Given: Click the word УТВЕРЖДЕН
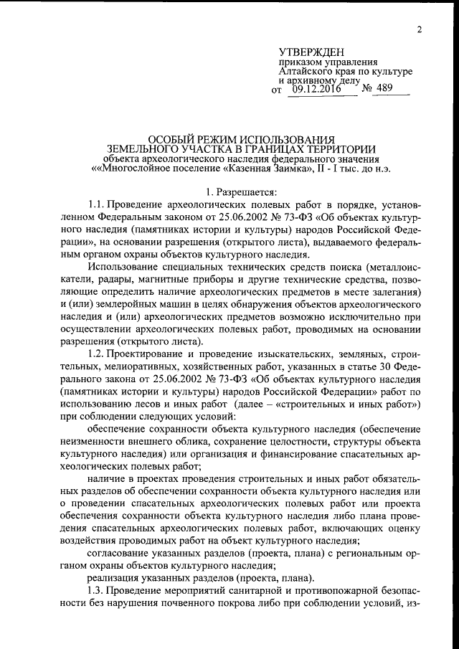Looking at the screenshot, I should pyautogui.click(x=311, y=52).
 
